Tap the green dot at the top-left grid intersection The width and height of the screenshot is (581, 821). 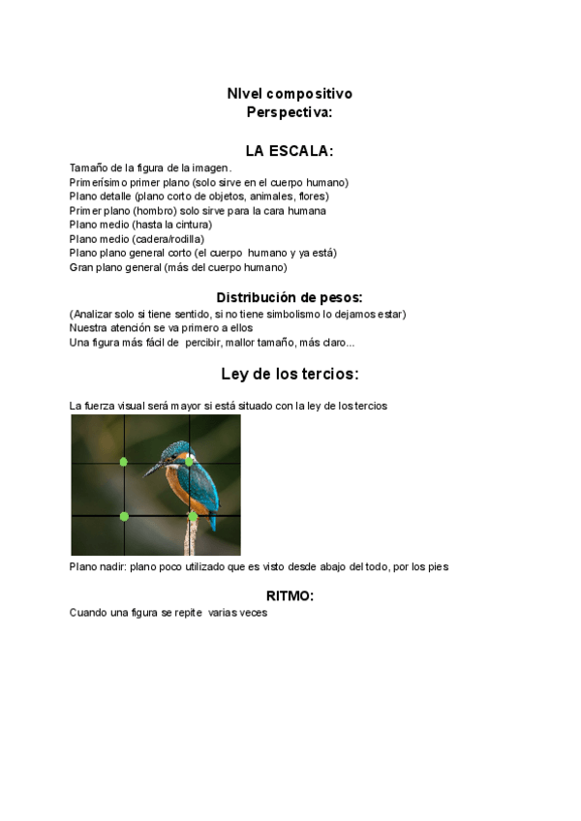tap(123, 462)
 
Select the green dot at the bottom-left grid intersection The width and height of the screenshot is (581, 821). tap(124, 516)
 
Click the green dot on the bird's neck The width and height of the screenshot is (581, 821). tap(189, 461)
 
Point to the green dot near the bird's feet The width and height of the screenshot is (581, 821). tap(193, 517)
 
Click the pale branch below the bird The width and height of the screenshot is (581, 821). tap(192, 537)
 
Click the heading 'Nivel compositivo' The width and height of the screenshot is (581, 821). tap(290, 94)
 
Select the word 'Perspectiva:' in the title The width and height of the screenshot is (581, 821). tap(290, 112)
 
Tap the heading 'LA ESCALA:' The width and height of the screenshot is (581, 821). tap(290, 151)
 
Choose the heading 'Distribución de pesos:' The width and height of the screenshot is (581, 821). tap(290, 297)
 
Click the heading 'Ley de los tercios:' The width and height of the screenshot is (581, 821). tap(290, 374)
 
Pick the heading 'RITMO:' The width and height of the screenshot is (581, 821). tap(290, 595)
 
